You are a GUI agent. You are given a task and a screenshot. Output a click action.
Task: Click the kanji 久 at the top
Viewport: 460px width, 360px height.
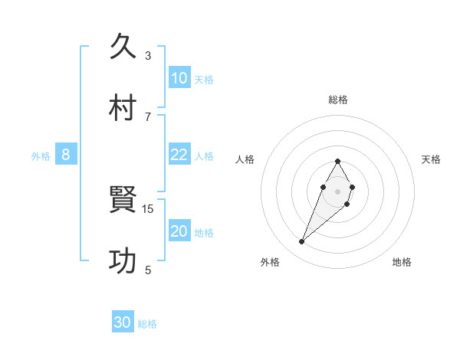click(x=124, y=47)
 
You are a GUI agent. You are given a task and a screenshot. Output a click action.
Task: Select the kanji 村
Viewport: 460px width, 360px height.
click(x=124, y=107)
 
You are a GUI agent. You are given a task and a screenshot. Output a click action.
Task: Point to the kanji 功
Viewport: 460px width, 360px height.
click(x=124, y=261)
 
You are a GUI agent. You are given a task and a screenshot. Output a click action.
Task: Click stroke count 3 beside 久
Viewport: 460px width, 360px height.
click(x=148, y=55)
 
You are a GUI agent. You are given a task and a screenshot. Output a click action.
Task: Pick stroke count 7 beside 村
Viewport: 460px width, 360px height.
click(x=148, y=116)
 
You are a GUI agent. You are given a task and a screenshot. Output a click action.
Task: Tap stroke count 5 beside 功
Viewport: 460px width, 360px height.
click(x=148, y=270)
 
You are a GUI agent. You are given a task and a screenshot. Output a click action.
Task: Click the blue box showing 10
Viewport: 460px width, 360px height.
click(x=179, y=78)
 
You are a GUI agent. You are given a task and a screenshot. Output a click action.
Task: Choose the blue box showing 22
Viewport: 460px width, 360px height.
click(x=179, y=155)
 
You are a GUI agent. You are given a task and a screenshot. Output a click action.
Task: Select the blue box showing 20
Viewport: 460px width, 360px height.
click(x=179, y=231)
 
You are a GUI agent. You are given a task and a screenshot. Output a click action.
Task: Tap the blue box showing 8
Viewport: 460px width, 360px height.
click(x=66, y=155)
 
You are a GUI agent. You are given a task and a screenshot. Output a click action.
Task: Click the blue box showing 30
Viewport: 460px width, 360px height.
click(x=123, y=322)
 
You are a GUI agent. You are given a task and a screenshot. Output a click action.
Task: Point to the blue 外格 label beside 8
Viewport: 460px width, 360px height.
click(x=41, y=156)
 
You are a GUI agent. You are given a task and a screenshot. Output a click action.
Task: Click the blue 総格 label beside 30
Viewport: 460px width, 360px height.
click(x=147, y=324)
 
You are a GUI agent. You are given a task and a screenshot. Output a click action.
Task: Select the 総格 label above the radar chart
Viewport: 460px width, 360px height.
click(x=338, y=100)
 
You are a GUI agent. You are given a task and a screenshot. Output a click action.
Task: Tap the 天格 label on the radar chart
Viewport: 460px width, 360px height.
click(x=432, y=159)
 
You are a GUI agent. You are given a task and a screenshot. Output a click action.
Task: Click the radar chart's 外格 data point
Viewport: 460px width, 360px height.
click(x=302, y=242)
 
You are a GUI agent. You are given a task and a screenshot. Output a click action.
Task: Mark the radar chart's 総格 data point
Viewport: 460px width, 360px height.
click(x=337, y=161)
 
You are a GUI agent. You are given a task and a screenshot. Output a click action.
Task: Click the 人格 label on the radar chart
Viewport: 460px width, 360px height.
click(x=245, y=159)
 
